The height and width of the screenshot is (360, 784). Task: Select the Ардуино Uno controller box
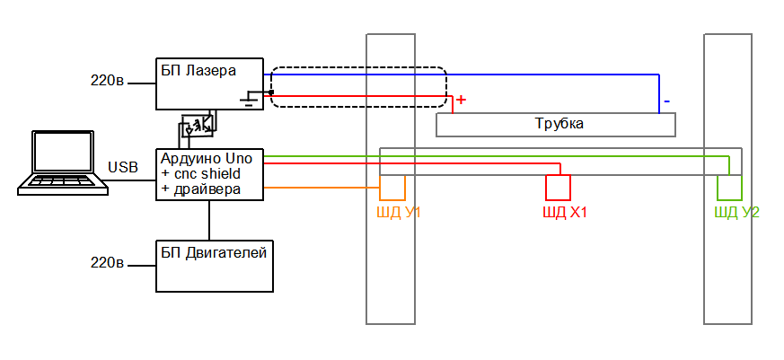coord(210,173)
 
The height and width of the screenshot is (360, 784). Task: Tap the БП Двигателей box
coord(215,266)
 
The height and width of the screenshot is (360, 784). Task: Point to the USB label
coord(123,168)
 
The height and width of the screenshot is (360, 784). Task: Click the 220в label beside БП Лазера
coord(107,81)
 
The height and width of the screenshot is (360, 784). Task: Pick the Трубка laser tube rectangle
coord(555,124)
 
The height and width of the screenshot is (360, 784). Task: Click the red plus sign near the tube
coord(462,101)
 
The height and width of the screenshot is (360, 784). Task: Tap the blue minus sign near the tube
coord(666,101)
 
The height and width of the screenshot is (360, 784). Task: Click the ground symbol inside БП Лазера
coord(246,99)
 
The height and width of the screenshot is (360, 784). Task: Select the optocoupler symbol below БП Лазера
coord(198,125)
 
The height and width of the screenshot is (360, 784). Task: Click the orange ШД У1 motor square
coord(392,187)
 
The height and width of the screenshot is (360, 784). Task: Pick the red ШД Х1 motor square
coord(559,187)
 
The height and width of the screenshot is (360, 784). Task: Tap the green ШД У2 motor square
coord(729,187)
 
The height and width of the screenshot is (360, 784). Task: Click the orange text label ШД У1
coord(399,213)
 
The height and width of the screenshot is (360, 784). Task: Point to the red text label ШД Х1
coord(565,213)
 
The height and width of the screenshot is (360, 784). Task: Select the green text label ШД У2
coord(736,213)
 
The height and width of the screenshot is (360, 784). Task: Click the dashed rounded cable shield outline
coord(358,68)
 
